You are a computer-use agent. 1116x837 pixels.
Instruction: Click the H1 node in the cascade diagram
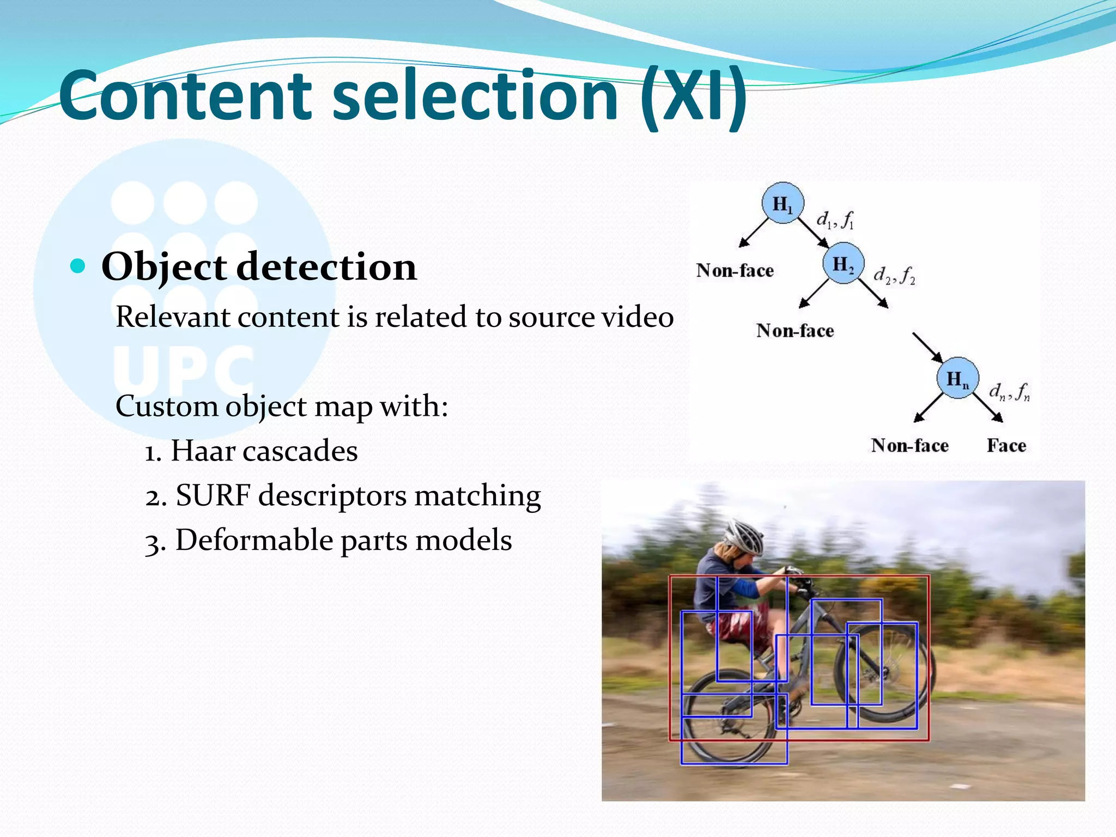[x=783, y=203]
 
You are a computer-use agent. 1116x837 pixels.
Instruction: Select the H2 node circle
[x=843, y=263]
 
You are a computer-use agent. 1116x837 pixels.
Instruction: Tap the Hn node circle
[x=957, y=378]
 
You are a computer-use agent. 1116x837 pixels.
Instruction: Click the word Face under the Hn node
[x=1006, y=446]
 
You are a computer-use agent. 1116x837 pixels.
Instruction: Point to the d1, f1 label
[x=835, y=220]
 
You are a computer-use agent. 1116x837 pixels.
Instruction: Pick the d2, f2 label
[x=894, y=276]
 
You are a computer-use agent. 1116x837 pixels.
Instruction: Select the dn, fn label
[x=1009, y=391]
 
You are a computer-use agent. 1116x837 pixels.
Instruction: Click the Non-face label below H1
[x=735, y=271]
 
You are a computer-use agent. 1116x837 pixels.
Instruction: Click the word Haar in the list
[x=202, y=451]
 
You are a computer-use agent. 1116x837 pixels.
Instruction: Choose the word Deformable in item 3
[x=254, y=541]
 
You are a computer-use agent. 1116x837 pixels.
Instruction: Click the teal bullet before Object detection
[x=78, y=266]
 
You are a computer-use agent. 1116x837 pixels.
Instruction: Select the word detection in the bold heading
[x=326, y=267]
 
